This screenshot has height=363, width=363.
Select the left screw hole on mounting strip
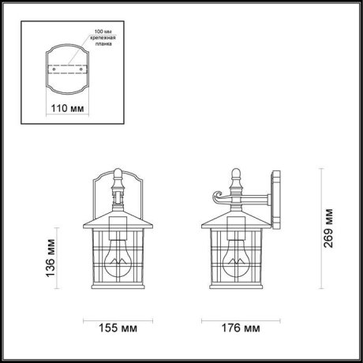pos(52,69)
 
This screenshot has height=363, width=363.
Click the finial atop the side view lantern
pos(235,174)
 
